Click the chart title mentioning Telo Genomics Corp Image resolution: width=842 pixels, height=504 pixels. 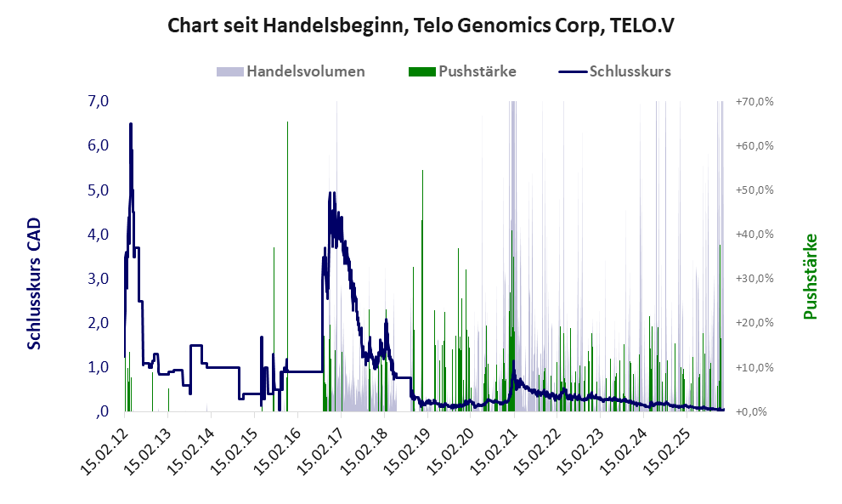(x=421, y=25)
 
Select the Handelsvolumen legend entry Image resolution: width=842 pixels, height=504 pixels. (x=305, y=71)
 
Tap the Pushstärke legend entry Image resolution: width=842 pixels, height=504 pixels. (x=477, y=71)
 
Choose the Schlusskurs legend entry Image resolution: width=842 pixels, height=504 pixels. (x=630, y=71)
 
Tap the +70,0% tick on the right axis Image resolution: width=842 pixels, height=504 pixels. (x=754, y=102)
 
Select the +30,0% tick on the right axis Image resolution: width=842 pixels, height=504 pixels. (x=754, y=279)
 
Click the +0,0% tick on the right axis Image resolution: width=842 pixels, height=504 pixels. (x=754, y=412)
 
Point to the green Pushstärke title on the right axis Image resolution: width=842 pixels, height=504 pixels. (x=809, y=277)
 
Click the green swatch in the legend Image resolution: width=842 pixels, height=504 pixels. (x=421, y=71)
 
